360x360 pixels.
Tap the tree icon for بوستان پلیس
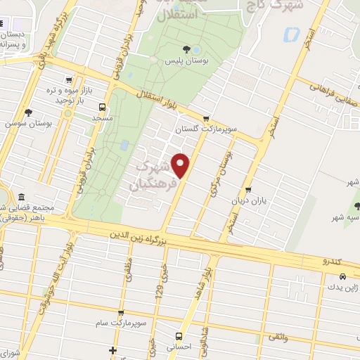186,49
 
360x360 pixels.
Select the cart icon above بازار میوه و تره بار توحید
67,80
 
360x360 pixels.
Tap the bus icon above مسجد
103,108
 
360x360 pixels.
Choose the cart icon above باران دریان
247,190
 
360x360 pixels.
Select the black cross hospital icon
113,350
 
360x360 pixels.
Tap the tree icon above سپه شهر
348,206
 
